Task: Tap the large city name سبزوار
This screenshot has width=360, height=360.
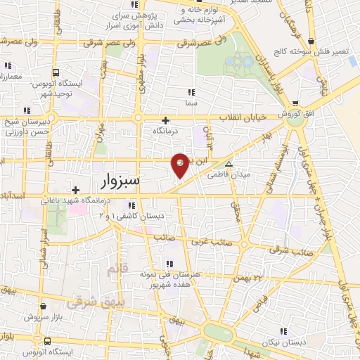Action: pyautogui.click(x=117, y=182)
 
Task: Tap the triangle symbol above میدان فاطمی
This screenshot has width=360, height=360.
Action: pyautogui.click(x=227, y=162)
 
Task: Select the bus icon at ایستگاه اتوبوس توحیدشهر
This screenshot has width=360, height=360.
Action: pyautogui.click(x=56, y=72)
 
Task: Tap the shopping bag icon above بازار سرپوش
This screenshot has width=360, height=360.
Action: pyautogui.click(x=45, y=307)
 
